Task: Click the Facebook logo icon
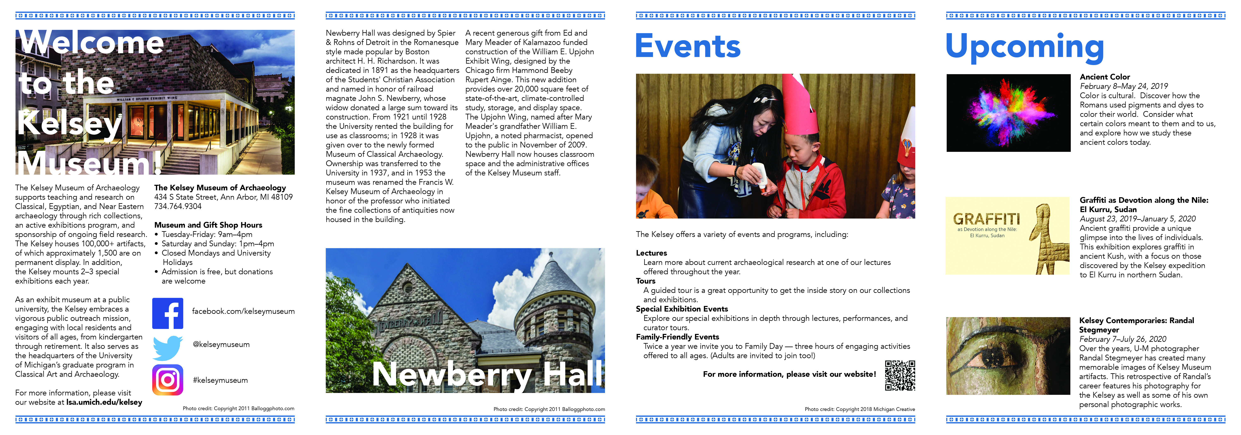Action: click(168, 313)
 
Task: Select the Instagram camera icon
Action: click(168, 380)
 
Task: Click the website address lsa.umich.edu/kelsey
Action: click(104, 402)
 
